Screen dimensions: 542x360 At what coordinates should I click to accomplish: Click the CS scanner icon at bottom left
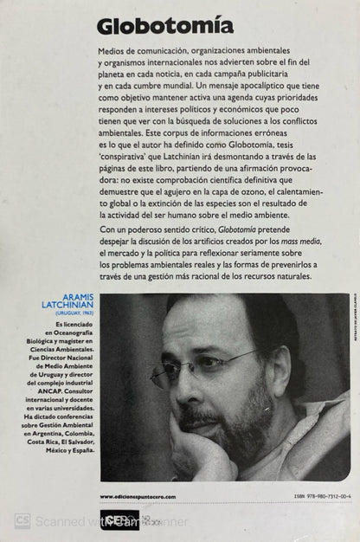click(x=22, y=521)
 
